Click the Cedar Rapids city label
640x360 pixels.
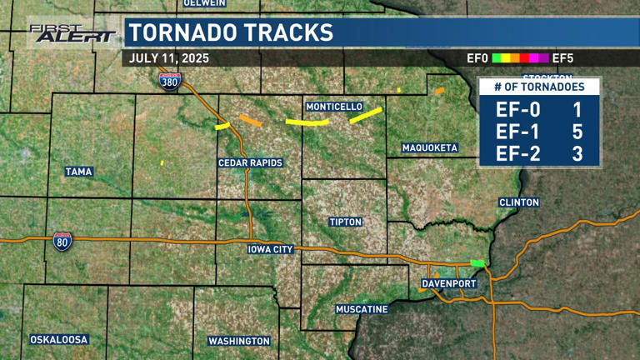(250, 162)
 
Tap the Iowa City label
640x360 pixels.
(271, 249)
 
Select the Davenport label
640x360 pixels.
(448, 284)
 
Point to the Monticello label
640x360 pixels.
(334, 107)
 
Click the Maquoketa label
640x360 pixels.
(430, 147)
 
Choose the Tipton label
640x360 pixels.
(344, 222)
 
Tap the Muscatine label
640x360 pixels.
(362, 309)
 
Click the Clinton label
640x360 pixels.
(519, 202)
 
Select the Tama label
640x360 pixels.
(79, 172)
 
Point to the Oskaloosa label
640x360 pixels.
(59, 340)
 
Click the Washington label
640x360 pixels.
(239, 341)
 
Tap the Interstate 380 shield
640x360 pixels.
(169, 81)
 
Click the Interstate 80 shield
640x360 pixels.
(62, 241)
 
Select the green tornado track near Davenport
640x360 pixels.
(477, 262)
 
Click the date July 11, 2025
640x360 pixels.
(169, 58)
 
